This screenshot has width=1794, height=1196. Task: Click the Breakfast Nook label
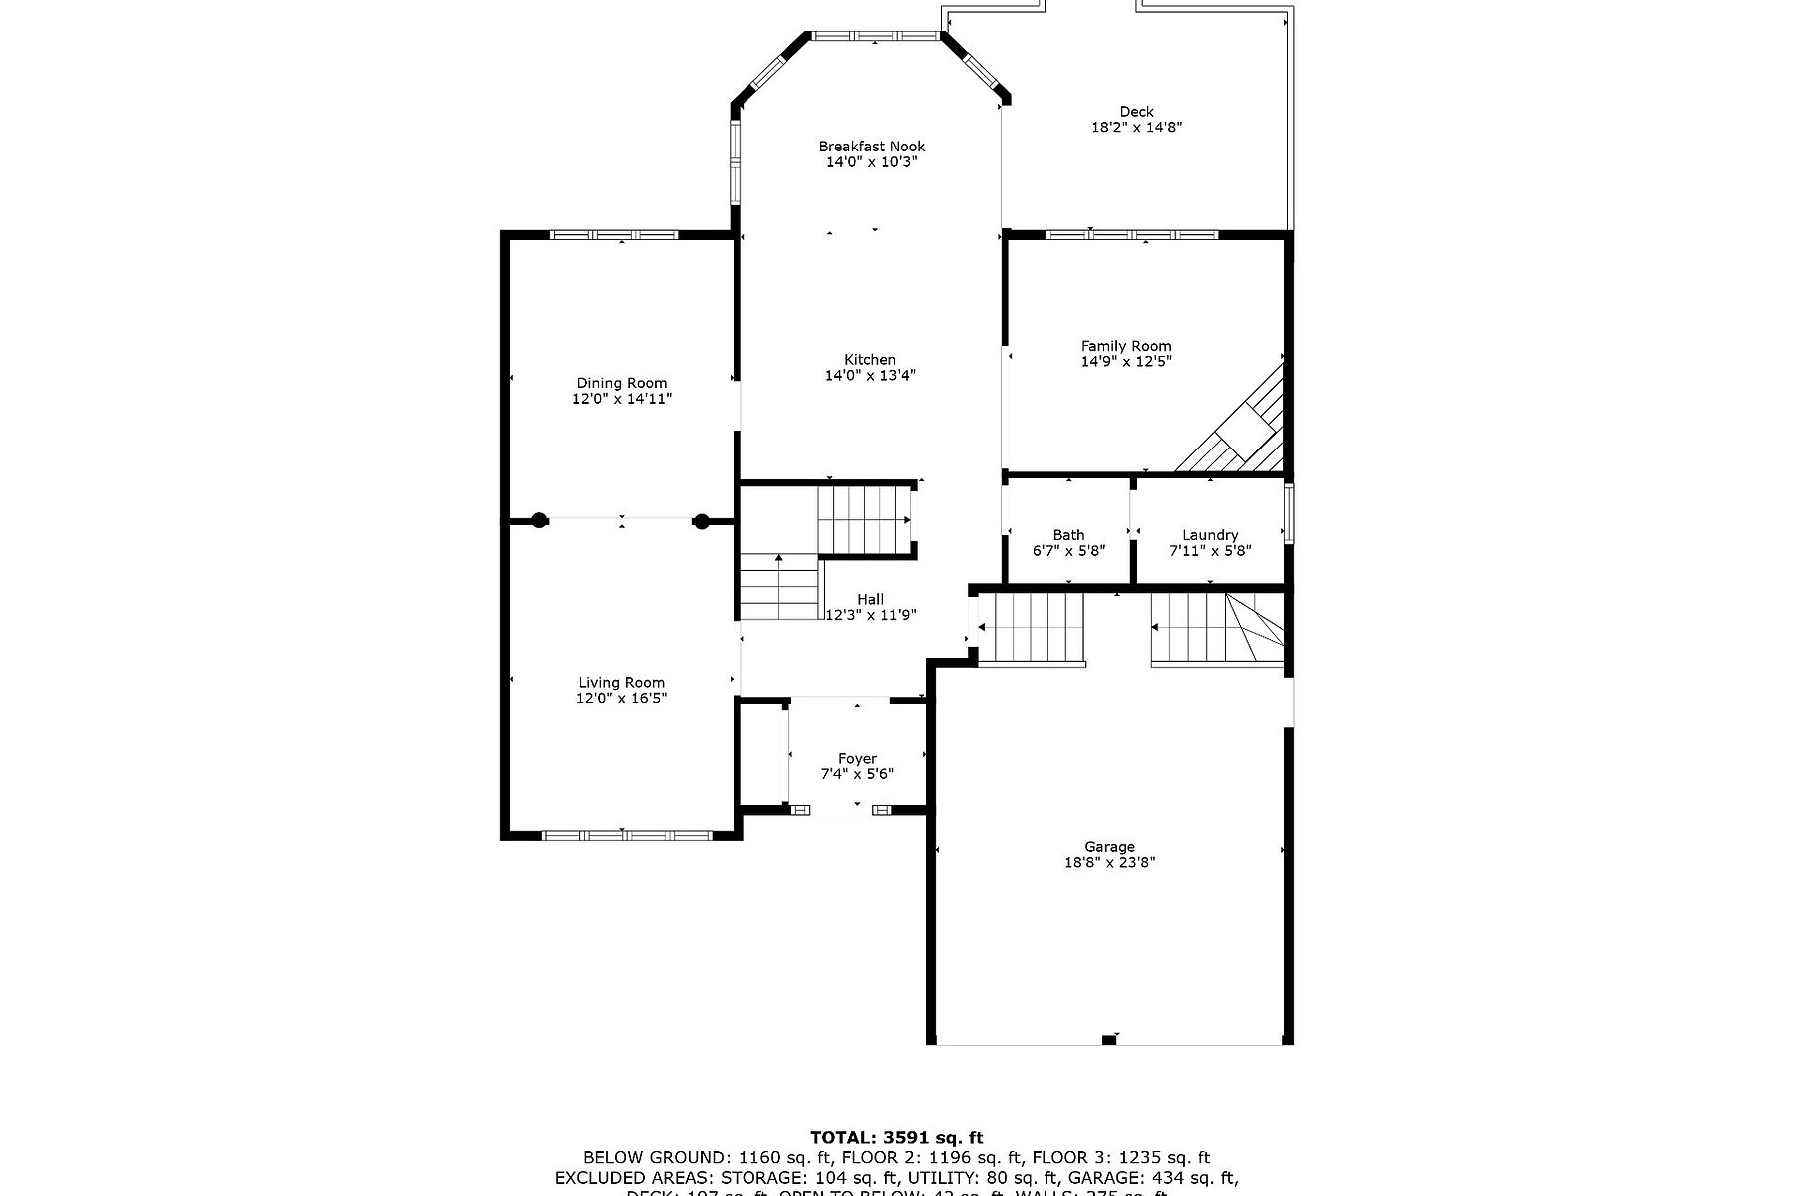[871, 147]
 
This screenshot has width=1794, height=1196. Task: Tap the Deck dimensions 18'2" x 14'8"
[1136, 127]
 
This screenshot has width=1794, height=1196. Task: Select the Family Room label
[1126, 346]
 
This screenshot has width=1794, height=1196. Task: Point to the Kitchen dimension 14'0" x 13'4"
[870, 376]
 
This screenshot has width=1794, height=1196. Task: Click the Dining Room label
[622, 383]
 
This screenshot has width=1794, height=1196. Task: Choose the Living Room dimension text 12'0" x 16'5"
[621, 698]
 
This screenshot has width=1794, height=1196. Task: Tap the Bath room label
[1068, 535]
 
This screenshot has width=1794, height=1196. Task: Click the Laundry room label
[1210, 535]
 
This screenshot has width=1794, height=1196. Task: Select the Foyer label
[857, 759]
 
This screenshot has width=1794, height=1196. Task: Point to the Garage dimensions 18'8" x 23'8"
[1109, 863]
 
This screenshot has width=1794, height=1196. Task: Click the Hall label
[870, 599]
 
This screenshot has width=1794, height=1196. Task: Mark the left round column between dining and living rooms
[539, 519]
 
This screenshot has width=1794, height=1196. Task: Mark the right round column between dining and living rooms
[701, 519]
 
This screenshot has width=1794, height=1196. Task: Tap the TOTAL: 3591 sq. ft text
[896, 1137]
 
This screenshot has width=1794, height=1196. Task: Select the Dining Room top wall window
[614, 235]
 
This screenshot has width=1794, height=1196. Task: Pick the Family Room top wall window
[1131, 235]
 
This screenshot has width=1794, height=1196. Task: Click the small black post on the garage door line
[1109, 1041]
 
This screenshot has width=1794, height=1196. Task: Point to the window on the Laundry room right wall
[1289, 513]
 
